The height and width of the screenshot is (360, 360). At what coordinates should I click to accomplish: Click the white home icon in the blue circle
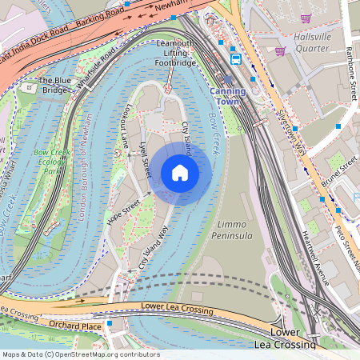coord(180,172)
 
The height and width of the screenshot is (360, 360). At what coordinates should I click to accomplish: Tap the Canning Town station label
coord(228,97)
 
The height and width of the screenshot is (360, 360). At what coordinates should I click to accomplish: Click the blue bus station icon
coord(236,58)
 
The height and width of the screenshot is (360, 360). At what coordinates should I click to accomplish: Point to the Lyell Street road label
coord(145,154)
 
